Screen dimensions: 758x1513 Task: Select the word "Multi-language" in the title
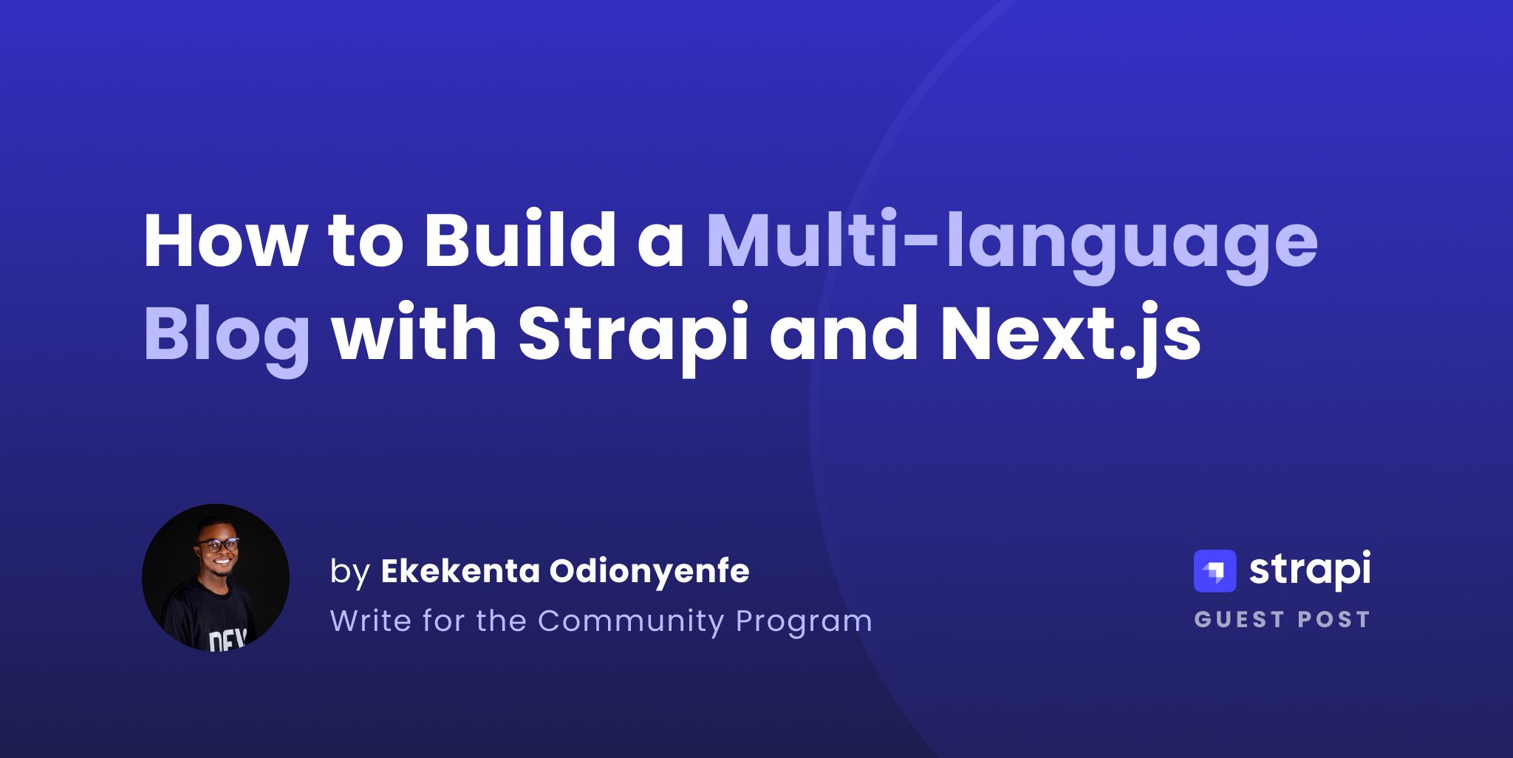point(1011,242)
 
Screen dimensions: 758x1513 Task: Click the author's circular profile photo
point(216,578)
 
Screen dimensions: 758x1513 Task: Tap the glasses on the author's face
point(218,545)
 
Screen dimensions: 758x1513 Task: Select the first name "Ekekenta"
point(460,571)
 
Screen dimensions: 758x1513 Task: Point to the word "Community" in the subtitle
point(630,621)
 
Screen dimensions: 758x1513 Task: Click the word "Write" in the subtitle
point(370,621)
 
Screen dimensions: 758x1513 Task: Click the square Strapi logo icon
point(1215,571)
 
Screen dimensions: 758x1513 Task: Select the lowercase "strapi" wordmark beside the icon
point(1309,571)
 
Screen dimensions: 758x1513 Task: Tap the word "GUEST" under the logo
point(1240,619)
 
